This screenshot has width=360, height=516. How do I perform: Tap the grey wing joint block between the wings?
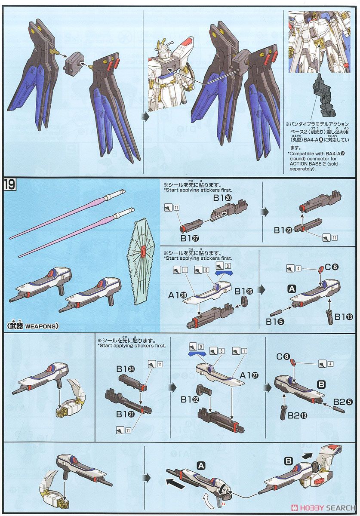point(75,65)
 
